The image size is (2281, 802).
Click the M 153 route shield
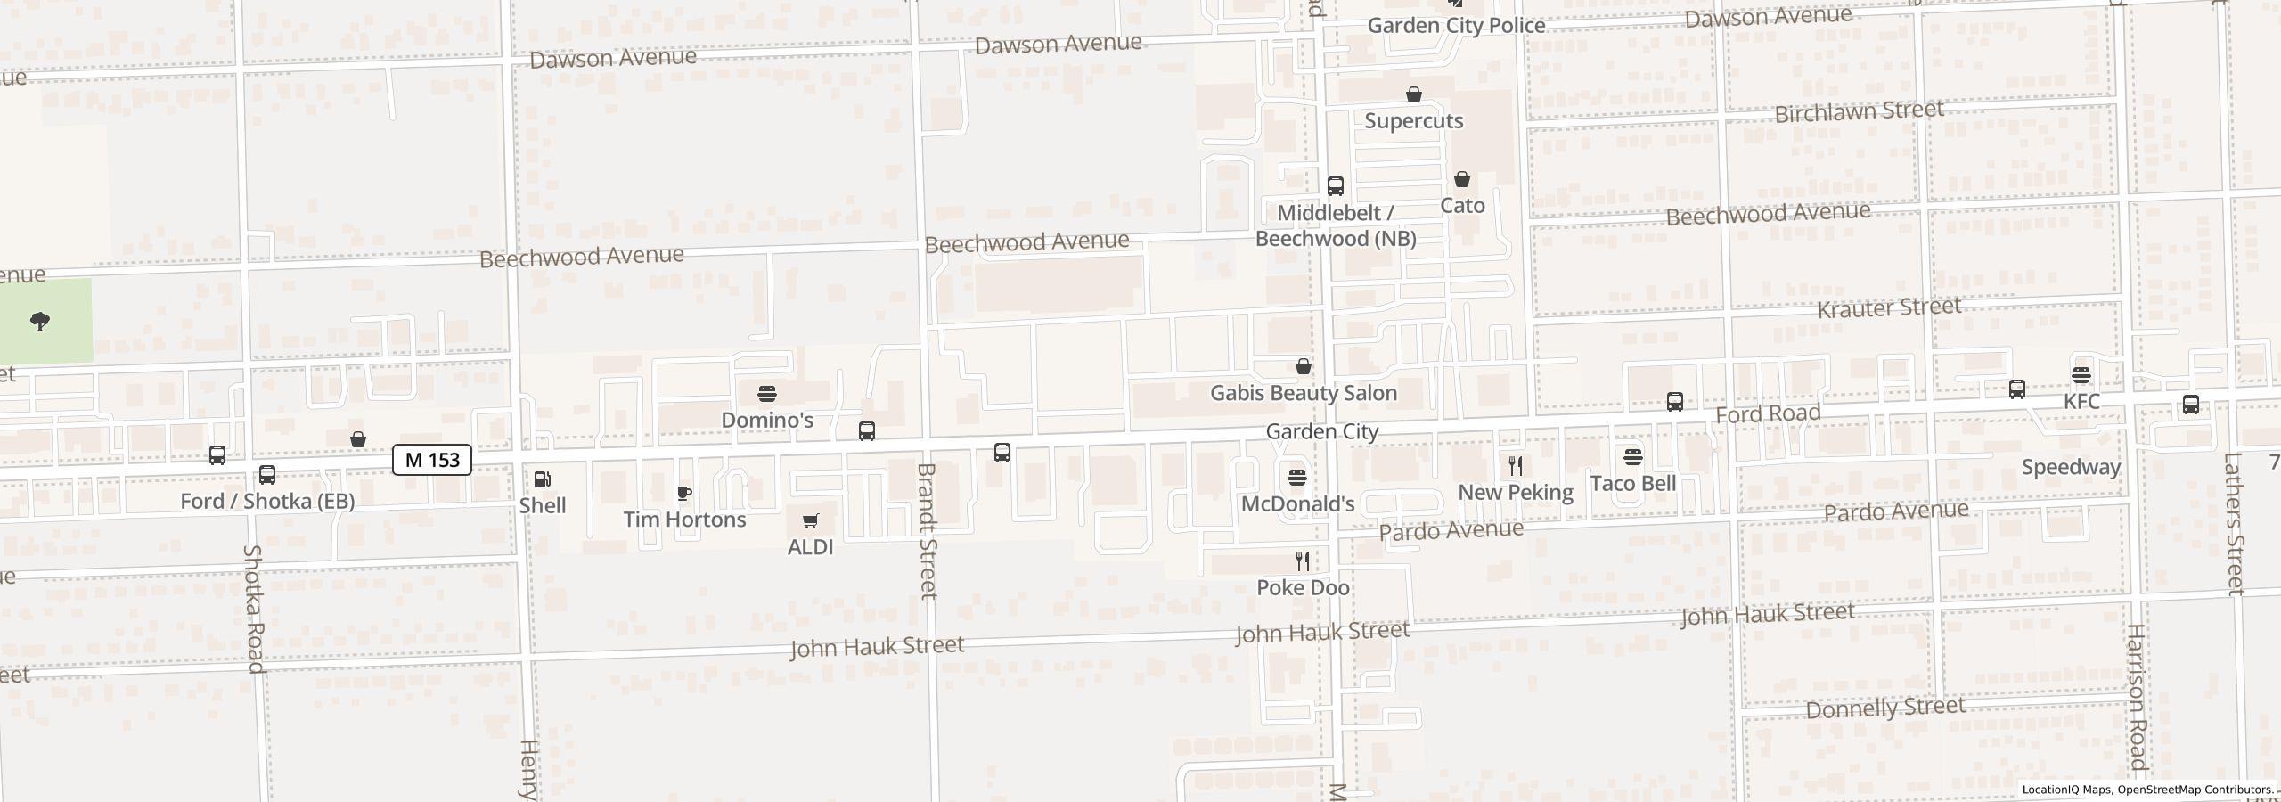pos(432,460)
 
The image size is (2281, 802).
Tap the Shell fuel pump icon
pos(542,479)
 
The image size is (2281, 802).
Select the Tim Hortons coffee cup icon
pos(684,493)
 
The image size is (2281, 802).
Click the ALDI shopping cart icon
pos(810,520)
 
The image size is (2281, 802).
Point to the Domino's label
pos(766,420)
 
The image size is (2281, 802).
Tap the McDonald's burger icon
pos(1297,478)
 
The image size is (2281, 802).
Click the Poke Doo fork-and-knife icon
pos(1303,561)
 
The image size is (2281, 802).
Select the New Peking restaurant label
pos(1515,492)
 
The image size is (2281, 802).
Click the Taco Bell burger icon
pos(1633,457)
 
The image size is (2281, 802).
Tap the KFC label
pos(2081,401)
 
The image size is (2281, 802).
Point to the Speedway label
pos(2071,467)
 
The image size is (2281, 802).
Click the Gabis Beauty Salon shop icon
pos(1303,366)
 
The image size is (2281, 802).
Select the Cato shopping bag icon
pos(1462,179)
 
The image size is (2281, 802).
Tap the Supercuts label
pos(1413,120)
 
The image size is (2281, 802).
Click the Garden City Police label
pos(1456,25)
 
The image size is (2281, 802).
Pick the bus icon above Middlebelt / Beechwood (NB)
pos(1335,185)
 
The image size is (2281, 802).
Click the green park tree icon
pos(40,322)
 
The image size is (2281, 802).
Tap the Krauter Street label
pos(1888,308)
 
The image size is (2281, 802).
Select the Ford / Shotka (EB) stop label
pos(267,501)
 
